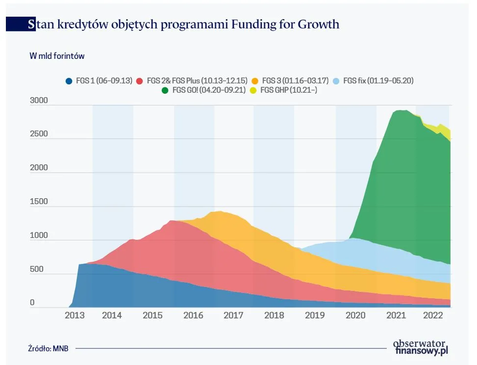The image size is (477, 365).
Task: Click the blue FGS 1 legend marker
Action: pyautogui.click(x=70, y=80)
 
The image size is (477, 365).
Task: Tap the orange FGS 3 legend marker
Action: pyautogui.click(x=255, y=80)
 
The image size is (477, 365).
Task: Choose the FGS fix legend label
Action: pyautogui.click(x=378, y=80)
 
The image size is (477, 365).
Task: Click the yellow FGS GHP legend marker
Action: pyautogui.click(x=253, y=90)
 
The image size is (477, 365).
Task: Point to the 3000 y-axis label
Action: pyautogui.click(x=39, y=101)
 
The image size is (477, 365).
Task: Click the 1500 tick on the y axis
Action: pyautogui.click(x=39, y=202)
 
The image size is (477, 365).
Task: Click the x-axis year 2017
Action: pyautogui.click(x=233, y=316)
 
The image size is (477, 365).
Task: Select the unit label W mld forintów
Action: pyautogui.click(x=57, y=56)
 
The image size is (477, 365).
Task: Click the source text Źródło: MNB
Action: pyautogui.click(x=48, y=348)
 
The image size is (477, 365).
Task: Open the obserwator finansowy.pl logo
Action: pyautogui.click(x=421, y=347)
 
